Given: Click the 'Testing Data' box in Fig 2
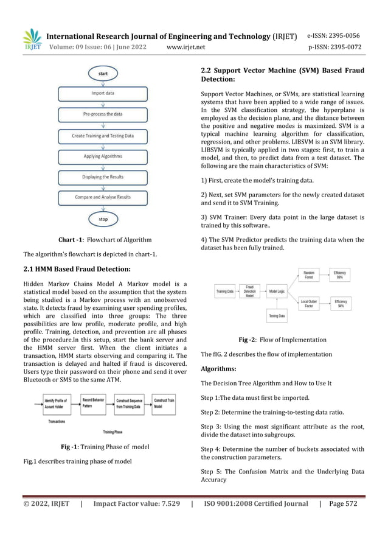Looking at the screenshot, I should pyautogui.click(x=277, y=316).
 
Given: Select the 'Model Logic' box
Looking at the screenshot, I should pyautogui.click(x=277, y=292).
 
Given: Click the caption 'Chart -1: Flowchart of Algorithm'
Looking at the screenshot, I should pyautogui.click(x=105, y=239).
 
